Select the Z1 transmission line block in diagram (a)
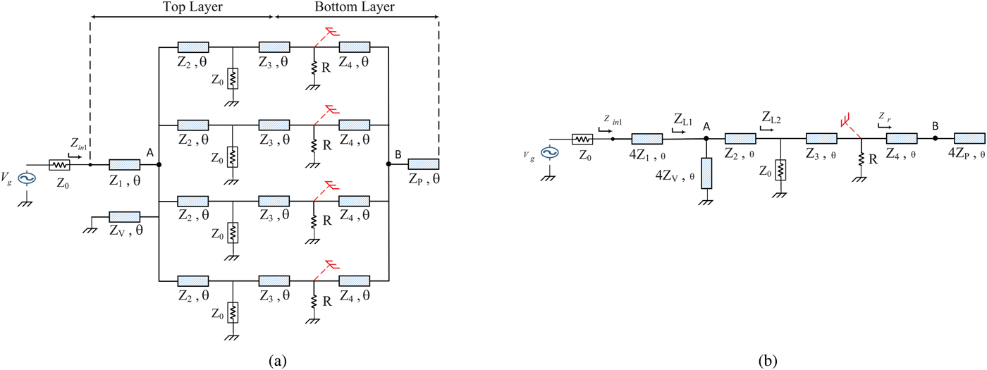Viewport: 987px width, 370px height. [x=124, y=164]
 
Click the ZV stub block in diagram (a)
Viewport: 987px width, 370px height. [x=124, y=216]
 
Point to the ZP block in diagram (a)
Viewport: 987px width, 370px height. [x=423, y=164]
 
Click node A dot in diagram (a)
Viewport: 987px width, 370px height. [x=159, y=164]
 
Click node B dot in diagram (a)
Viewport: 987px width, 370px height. [x=388, y=164]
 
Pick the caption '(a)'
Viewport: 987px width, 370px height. [x=277, y=361]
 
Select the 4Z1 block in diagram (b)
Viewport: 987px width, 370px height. [x=646, y=138]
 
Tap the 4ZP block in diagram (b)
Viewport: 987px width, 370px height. [x=969, y=138]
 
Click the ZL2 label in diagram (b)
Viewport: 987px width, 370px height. [x=770, y=116]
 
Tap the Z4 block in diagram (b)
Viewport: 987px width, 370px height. [x=901, y=138]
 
